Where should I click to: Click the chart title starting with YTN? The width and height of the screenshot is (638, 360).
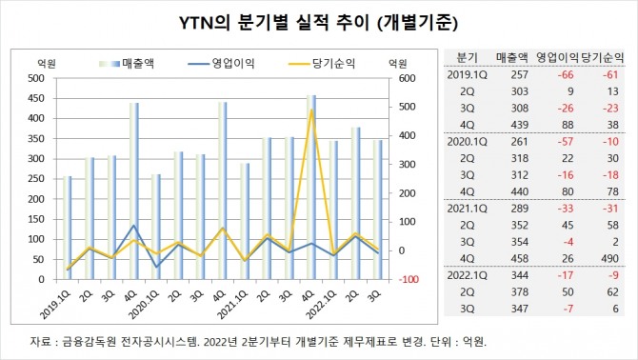pyautogui.click(x=318, y=23)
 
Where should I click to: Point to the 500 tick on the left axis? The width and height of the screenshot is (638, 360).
pyautogui.click(x=35, y=78)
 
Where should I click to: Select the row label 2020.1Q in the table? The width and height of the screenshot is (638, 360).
pyautogui.click(x=467, y=140)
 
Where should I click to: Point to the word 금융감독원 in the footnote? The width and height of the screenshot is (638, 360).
pyautogui.click(x=88, y=341)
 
